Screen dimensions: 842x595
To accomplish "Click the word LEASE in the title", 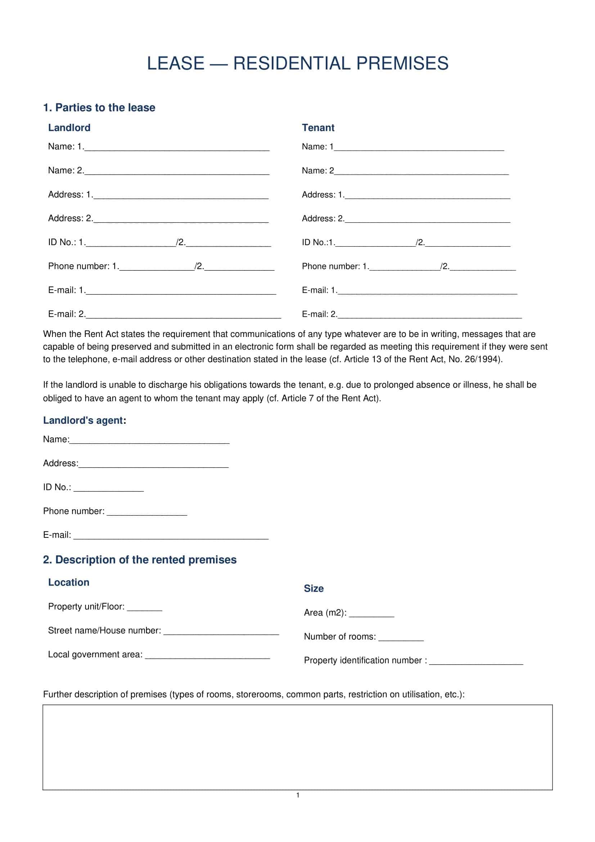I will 175,63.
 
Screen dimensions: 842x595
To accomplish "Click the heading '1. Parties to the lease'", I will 99,107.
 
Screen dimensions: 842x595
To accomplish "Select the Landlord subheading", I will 69,128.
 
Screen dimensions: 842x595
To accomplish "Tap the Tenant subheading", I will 318,128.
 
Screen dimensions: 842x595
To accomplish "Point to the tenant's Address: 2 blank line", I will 427,220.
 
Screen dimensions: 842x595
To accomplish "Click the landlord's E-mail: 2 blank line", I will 183,316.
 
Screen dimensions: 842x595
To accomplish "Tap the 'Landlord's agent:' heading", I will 84,420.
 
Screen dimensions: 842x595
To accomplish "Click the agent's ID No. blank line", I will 108,490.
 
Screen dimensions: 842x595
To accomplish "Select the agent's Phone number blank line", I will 147,513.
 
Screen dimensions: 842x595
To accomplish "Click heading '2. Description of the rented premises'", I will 140,560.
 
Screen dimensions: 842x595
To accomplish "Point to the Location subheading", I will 68,582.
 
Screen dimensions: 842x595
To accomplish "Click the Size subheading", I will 314,589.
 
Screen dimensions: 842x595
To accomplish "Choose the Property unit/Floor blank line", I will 144,609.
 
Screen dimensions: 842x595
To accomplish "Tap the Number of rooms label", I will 339,637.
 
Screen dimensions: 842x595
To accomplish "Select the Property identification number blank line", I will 476,663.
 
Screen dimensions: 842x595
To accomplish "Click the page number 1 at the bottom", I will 298,795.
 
